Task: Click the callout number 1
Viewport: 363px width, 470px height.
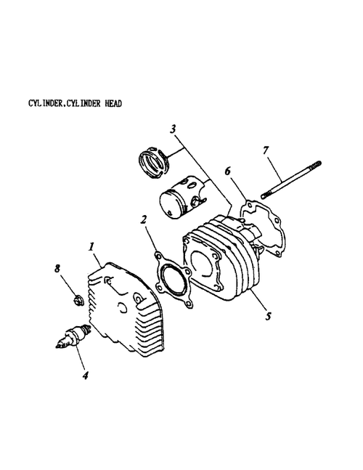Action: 91,247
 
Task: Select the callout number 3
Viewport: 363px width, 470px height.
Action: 173,129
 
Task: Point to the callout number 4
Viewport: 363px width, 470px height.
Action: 86,375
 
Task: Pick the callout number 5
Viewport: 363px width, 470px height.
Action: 268,315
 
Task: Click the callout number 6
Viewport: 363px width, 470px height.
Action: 228,171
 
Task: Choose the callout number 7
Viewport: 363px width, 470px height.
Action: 266,150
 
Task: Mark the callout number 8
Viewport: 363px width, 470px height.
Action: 57,268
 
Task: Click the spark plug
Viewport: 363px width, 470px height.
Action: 73,336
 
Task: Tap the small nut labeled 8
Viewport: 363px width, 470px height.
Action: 78,300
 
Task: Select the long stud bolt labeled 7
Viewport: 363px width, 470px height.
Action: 291,179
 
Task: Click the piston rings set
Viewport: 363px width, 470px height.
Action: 155,163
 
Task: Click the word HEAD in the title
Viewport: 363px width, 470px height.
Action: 113,104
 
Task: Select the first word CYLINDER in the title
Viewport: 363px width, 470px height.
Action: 45,104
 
